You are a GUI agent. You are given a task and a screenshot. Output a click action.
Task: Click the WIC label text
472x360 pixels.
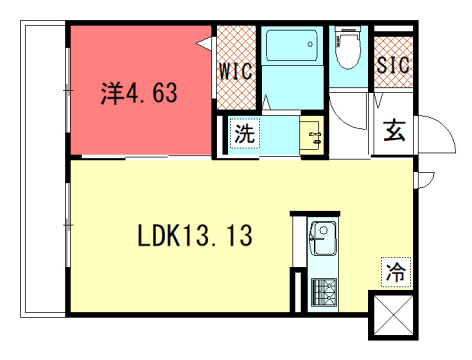coord(236,71)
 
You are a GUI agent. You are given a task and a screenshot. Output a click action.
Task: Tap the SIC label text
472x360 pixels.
coord(392,65)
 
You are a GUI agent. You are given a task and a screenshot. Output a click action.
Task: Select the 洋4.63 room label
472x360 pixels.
coord(139,94)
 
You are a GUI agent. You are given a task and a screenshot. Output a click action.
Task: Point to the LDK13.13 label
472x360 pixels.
coord(194,237)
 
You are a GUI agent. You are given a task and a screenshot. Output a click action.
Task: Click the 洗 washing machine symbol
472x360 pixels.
coord(244,134)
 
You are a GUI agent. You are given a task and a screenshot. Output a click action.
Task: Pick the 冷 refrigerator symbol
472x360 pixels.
coord(396,270)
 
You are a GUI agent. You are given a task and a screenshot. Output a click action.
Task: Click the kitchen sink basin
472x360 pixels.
coord(322,238)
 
